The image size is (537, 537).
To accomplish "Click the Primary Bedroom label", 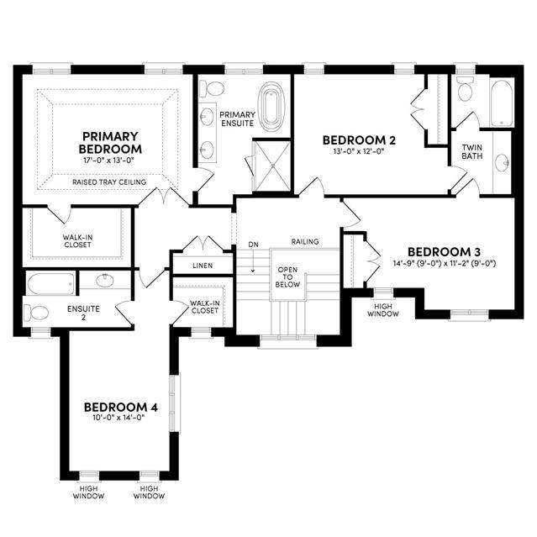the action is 110,143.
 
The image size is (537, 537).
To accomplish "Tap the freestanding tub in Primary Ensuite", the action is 271,107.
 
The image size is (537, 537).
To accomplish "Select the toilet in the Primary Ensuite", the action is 212,89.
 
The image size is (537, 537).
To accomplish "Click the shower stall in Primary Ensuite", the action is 273,166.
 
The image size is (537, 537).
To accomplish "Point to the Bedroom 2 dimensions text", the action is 359,151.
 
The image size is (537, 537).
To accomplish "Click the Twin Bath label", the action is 472,152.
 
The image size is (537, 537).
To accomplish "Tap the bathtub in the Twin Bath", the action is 502,103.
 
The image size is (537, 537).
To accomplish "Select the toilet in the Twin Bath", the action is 465,89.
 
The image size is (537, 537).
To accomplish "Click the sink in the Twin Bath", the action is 503,163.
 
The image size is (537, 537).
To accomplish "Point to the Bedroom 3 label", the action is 444,252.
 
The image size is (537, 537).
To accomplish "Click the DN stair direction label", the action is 254,245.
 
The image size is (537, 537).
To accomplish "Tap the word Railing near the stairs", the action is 305,241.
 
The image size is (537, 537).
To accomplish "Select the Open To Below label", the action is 287,277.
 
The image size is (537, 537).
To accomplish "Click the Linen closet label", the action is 203,266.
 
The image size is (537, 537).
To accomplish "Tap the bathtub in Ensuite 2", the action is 50,284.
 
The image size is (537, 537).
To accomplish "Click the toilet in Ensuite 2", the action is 36,313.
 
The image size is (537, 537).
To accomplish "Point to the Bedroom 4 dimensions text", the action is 119,418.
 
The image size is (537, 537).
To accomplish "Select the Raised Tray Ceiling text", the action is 109,182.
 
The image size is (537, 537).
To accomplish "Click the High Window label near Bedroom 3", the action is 383,310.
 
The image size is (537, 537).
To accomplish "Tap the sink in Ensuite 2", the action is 105,281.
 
